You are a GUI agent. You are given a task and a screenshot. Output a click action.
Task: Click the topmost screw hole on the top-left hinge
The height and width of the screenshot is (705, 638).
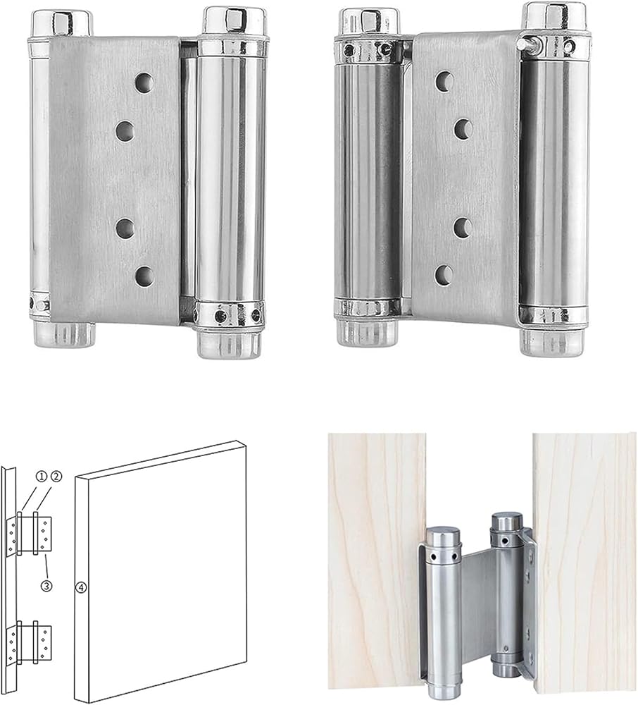(144, 83)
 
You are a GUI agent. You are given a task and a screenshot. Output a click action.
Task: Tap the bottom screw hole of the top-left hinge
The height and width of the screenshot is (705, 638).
(144, 276)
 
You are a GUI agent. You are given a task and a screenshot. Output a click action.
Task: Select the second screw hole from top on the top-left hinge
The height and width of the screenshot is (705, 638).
(125, 131)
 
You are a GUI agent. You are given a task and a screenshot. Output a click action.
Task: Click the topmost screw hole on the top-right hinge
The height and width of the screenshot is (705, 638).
(444, 81)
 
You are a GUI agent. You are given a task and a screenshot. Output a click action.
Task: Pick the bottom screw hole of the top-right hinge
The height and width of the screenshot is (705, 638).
(444, 275)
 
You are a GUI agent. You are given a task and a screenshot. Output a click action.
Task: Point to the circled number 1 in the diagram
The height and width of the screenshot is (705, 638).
(42, 476)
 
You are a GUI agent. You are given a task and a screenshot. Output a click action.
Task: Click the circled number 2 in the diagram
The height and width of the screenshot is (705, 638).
(56, 476)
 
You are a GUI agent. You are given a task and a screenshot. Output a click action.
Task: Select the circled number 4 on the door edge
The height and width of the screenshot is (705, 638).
(81, 587)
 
